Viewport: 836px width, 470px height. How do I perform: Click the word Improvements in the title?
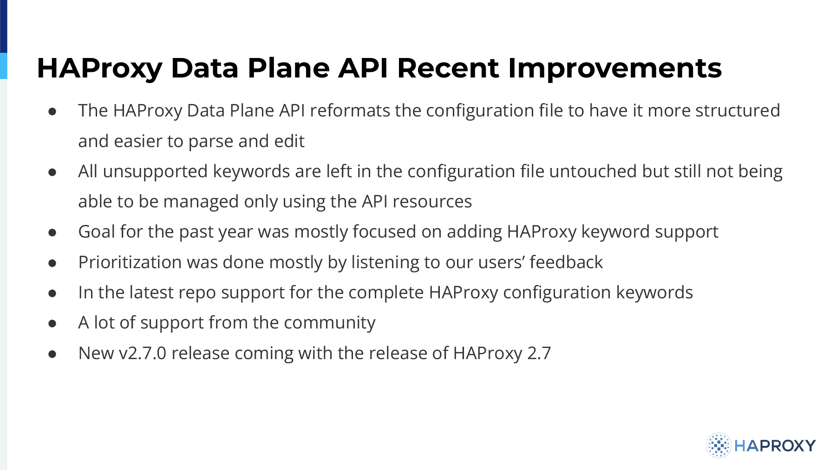[x=615, y=68]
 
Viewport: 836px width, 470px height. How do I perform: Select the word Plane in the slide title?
[x=288, y=68]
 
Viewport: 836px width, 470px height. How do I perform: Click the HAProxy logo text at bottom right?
[x=775, y=446]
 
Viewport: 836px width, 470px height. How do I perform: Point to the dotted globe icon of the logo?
[x=718, y=445]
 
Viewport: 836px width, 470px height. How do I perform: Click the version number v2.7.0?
[x=143, y=353]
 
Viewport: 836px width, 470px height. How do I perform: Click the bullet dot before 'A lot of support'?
[x=52, y=323]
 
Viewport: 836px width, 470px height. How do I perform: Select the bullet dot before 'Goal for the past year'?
[x=52, y=232]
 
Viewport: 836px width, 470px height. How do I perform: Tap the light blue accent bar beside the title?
[x=4, y=66]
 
